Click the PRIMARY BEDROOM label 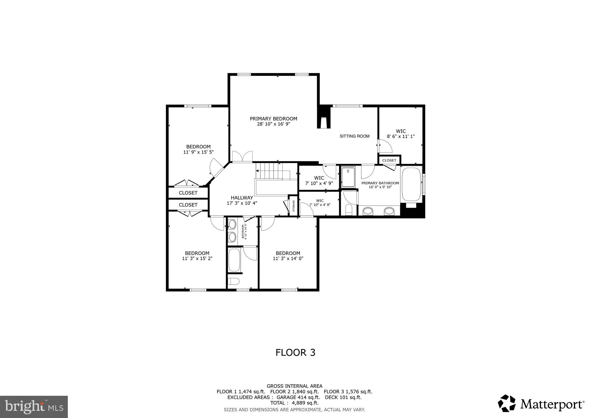(x=273, y=119)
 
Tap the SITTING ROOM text (x=354, y=136)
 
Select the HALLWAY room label (x=242, y=198)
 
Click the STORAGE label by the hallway (x=293, y=206)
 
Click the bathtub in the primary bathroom (x=411, y=184)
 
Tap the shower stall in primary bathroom (x=348, y=177)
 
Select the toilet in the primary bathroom (x=349, y=210)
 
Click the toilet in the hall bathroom (x=233, y=281)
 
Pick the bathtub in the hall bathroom (x=234, y=260)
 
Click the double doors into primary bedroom (x=242, y=157)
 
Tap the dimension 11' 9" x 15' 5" (x=198, y=152)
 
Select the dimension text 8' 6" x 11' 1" (x=401, y=136)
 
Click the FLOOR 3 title (x=295, y=352)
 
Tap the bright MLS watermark (x=34, y=407)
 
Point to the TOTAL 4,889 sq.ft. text (x=294, y=403)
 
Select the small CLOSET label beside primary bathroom (x=389, y=160)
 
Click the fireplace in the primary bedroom (x=323, y=118)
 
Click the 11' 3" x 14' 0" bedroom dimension (x=288, y=259)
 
